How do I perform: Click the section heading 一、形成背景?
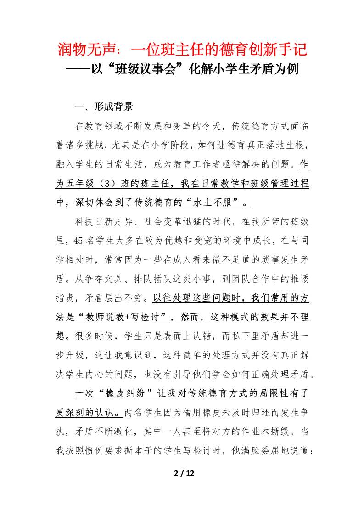[104, 107]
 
